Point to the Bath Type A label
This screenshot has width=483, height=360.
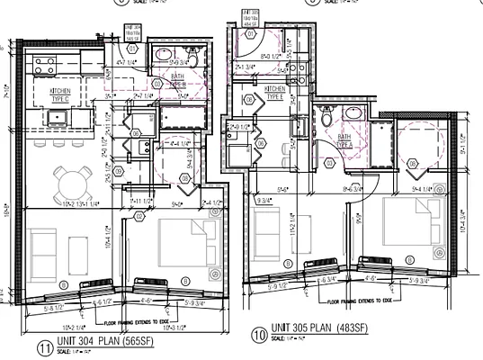coord(344,141)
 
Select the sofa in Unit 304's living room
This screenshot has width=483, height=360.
coord(41,245)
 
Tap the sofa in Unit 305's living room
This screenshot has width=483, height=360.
coord(266,226)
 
